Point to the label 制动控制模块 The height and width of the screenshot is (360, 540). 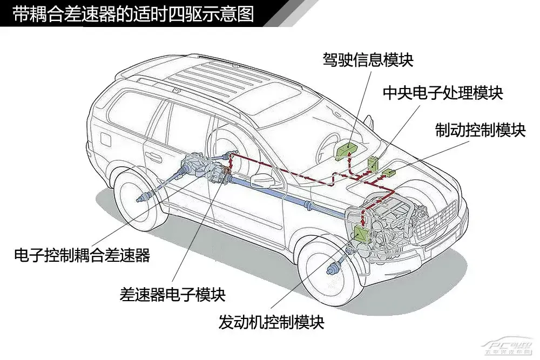click(480, 130)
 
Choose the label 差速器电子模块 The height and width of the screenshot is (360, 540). click(172, 294)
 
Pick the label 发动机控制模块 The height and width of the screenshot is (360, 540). click(272, 322)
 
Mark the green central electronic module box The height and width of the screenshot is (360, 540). click(373, 162)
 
